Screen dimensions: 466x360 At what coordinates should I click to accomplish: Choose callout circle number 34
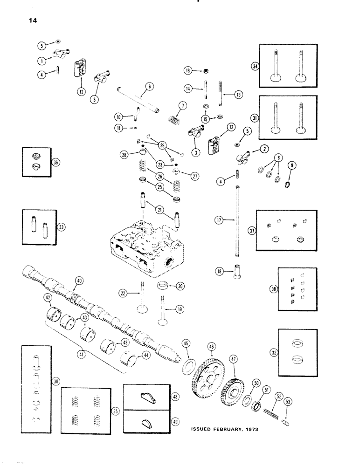(266, 67)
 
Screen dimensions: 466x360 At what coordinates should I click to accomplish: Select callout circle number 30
(56, 382)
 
